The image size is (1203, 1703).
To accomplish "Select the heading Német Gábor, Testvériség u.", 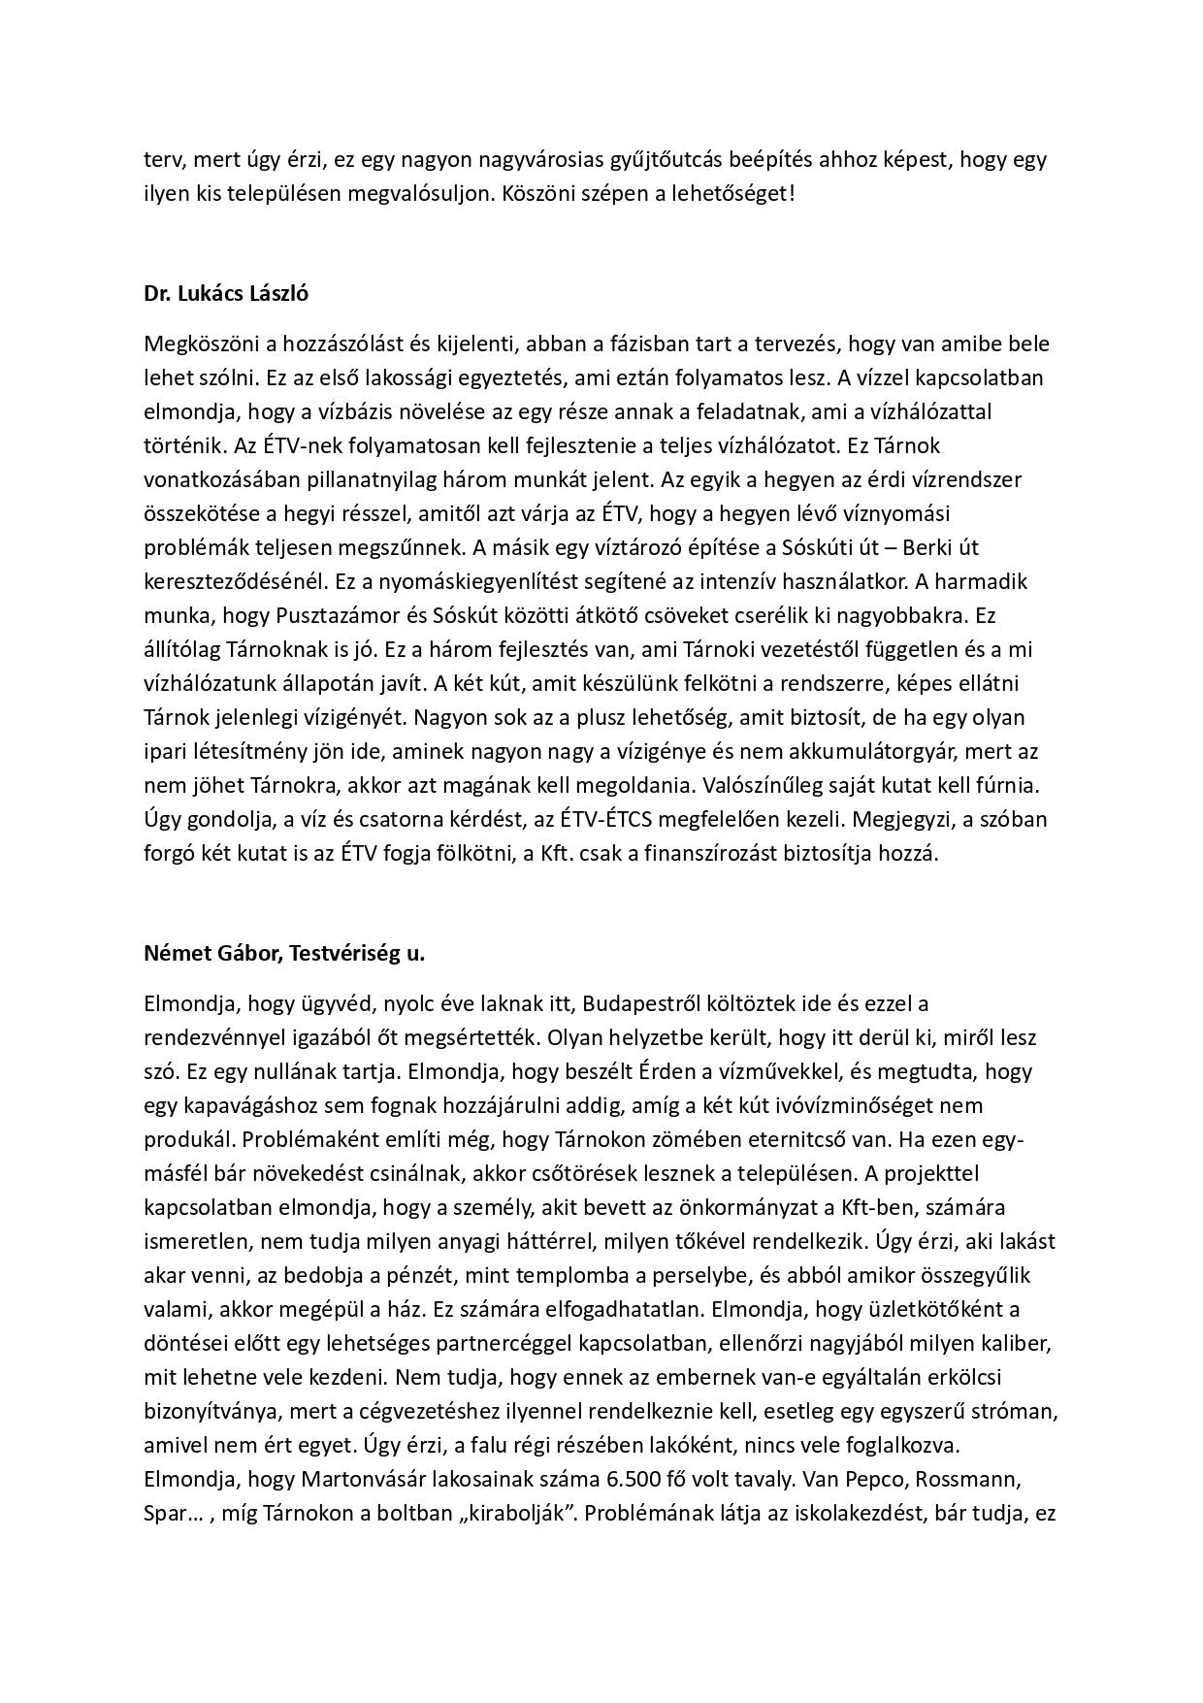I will click(284, 954).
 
